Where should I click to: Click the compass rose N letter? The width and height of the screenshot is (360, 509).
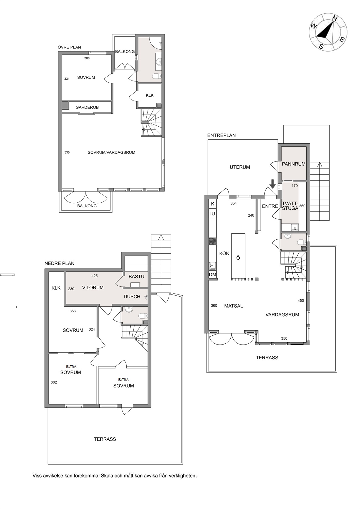(x=335, y=18)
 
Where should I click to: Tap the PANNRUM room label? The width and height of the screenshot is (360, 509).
(x=294, y=164)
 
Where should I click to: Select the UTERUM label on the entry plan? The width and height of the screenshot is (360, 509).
(x=240, y=167)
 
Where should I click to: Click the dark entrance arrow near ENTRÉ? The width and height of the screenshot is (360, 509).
(x=272, y=184)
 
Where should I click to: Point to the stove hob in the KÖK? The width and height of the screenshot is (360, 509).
(x=212, y=241)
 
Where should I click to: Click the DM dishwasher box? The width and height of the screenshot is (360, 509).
(x=212, y=274)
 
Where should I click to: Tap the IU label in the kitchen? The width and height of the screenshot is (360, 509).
(x=212, y=214)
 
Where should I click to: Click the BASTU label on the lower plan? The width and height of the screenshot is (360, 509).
(x=136, y=277)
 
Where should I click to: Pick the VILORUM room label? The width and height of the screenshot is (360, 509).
(x=93, y=288)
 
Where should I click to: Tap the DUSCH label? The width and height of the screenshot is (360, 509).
(x=132, y=297)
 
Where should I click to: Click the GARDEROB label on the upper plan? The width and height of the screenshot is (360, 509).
(x=87, y=107)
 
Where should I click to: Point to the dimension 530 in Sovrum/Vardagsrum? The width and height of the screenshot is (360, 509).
(x=67, y=152)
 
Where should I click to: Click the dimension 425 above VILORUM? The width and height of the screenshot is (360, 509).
(x=95, y=276)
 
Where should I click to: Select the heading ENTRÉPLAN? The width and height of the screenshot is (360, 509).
(x=221, y=135)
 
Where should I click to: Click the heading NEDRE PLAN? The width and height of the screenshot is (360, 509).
(x=59, y=263)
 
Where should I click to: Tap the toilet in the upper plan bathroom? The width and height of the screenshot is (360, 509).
(x=157, y=76)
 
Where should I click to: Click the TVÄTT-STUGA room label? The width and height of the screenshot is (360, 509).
(x=290, y=206)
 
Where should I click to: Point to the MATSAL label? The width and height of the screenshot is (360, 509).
(x=234, y=306)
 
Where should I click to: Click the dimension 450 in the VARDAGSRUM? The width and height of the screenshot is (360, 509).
(x=301, y=301)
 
